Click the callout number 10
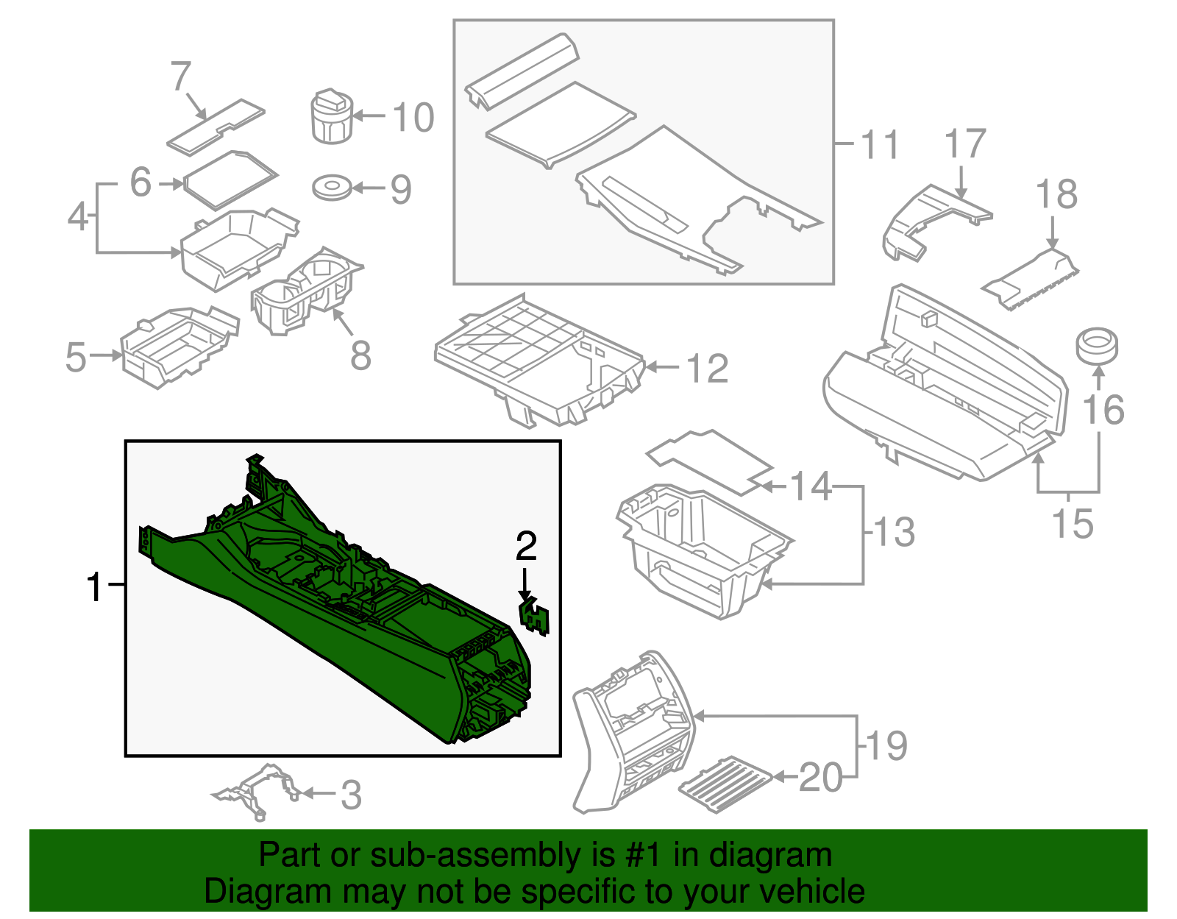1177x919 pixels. [x=413, y=118]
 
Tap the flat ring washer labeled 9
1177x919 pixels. [x=332, y=188]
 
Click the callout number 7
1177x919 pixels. [x=181, y=77]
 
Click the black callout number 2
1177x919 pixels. [x=526, y=546]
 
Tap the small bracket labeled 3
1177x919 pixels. [x=255, y=790]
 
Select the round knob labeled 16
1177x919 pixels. [x=1097, y=346]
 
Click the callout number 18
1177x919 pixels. [x=1056, y=195]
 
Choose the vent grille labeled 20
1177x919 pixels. [x=725, y=784]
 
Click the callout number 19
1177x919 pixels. [x=887, y=746]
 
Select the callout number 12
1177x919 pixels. [x=707, y=369]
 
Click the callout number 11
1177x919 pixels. [x=879, y=144]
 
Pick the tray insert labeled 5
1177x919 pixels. [x=179, y=345]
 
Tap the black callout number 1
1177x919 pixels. [x=94, y=587]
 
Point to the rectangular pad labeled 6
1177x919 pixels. [x=230, y=179]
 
